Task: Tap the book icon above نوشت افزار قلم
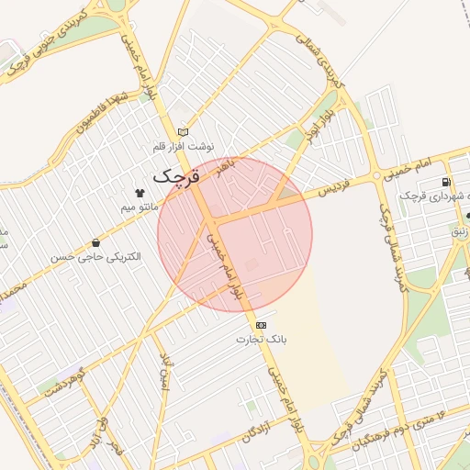pyautogui.click(x=183, y=132)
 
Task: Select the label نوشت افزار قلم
pyautogui.click(x=184, y=147)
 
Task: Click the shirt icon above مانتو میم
pyautogui.click(x=140, y=194)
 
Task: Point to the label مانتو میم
pyautogui.click(x=140, y=207)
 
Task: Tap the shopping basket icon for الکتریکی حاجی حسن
pyautogui.click(x=96, y=243)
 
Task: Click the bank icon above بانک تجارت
pyautogui.click(x=262, y=325)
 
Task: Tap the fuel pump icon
pyautogui.click(x=447, y=182)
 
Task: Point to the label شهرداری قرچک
pyautogui.click(x=431, y=197)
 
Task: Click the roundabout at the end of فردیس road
pyautogui.click(x=375, y=175)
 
